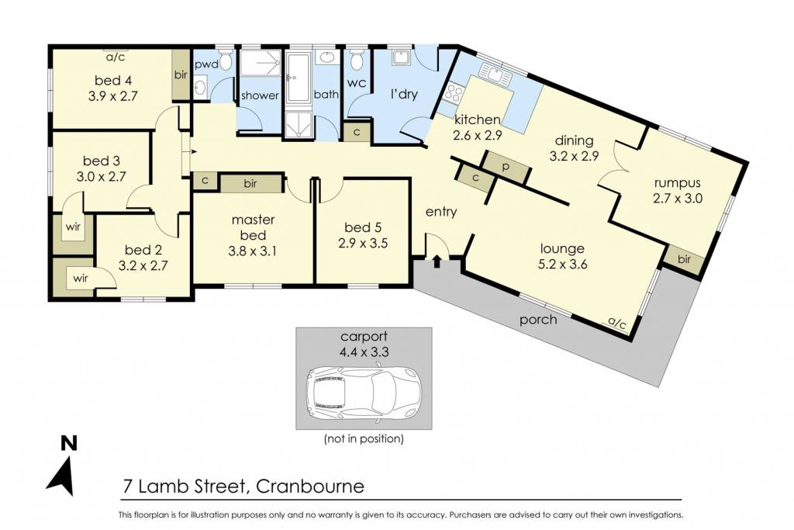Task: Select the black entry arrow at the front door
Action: coord(437,262)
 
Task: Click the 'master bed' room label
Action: coord(253,227)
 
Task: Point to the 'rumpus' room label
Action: coord(677,183)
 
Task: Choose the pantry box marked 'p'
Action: coord(505,167)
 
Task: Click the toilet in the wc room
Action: coord(357,60)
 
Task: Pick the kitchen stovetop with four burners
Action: coord(453,92)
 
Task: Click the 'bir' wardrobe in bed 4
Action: coord(181,75)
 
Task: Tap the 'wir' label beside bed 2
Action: coord(81,278)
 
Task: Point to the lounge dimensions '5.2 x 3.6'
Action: coord(563,264)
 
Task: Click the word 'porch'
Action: coord(538,320)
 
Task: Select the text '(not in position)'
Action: coord(364,438)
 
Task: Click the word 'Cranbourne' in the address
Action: coord(310,487)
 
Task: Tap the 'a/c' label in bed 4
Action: coord(115,57)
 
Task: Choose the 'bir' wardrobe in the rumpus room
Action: coord(684,260)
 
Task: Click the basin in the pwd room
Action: coord(199,88)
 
